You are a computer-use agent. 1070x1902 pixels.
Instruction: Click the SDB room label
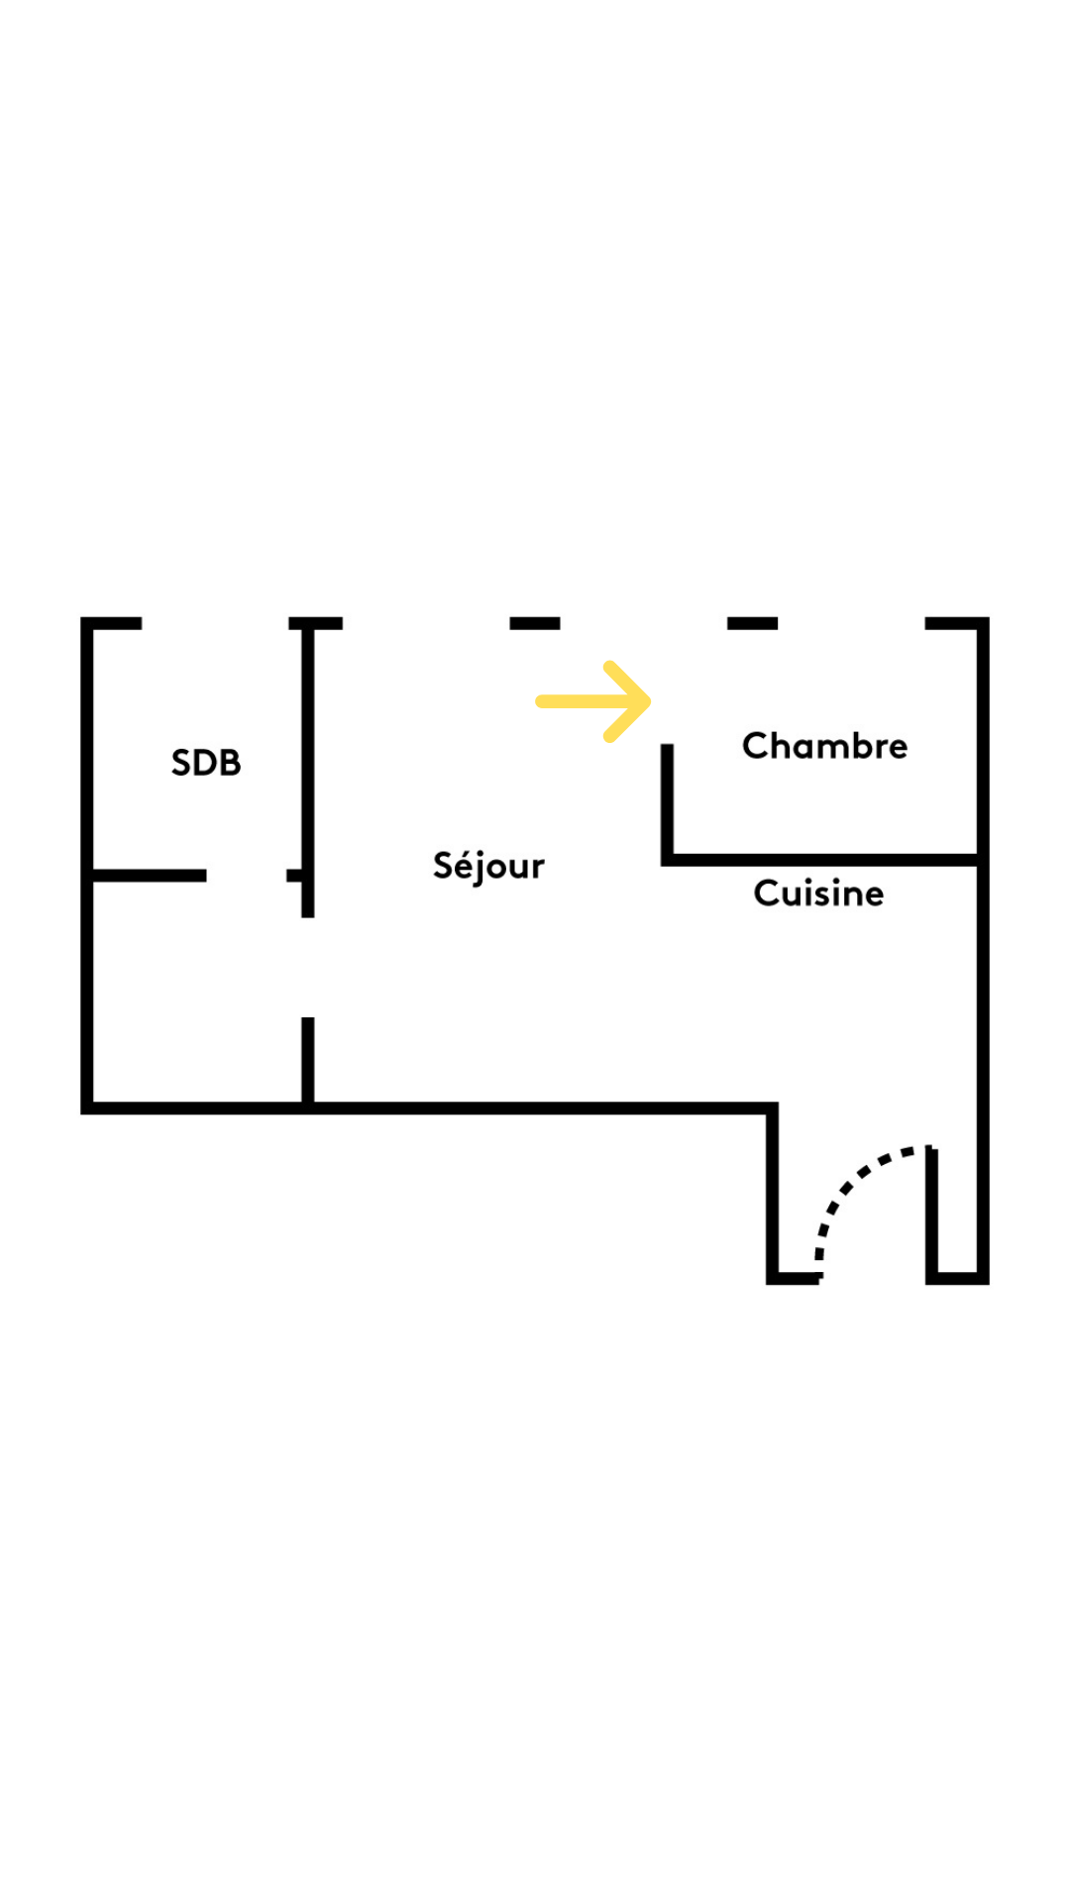[206, 763]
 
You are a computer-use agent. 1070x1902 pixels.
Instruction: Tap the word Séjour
[488, 867]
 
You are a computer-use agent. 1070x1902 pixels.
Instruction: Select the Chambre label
[824, 746]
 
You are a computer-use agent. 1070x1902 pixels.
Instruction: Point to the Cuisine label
[818, 894]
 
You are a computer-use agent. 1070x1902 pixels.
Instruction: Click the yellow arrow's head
[634, 701]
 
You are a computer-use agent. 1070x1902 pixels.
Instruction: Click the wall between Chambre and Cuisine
[822, 860]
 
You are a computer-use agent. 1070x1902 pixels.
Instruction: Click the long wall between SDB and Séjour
[308, 763]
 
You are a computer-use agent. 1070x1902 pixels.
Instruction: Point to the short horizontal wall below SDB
[149, 876]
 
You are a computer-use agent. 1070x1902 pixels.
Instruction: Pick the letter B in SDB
[229, 763]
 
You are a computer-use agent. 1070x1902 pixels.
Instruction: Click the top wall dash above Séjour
[535, 623]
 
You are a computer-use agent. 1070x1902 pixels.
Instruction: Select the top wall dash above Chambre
[752, 623]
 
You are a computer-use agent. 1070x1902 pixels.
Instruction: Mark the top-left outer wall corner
[87, 623]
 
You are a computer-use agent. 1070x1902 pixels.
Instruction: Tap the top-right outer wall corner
[983, 623]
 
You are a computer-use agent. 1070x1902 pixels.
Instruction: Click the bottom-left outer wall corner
[87, 1108]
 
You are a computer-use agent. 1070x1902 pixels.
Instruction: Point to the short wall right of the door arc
[932, 1214]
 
